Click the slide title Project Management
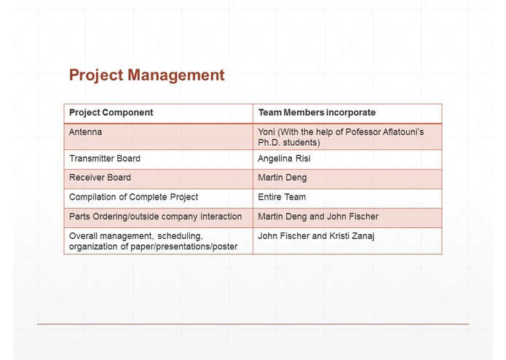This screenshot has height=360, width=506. coord(146,75)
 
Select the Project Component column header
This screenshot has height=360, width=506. coord(111,113)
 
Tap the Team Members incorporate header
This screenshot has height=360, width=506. coord(317,113)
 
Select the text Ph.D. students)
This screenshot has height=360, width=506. coord(289,143)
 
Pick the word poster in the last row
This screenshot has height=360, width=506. coord(224,246)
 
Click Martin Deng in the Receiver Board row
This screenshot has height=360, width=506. coord(282,177)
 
